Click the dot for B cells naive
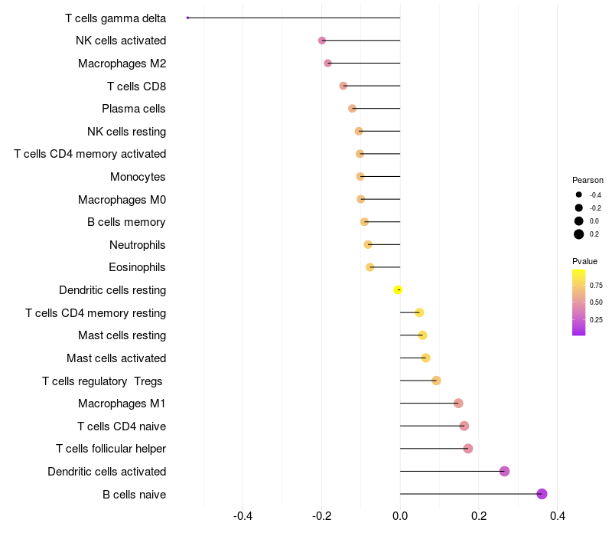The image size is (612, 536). [x=542, y=494]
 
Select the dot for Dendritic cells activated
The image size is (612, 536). [x=504, y=471]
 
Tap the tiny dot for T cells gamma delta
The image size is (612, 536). [x=187, y=18]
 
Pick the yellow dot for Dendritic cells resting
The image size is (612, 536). [x=398, y=289]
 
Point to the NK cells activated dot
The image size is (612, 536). [x=322, y=41]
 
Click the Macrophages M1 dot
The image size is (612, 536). [x=458, y=404]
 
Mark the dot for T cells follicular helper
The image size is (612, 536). [x=468, y=449]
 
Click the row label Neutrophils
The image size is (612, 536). [x=138, y=245]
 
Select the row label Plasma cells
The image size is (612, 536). [x=134, y=109]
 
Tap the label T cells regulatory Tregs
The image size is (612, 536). [x=104, y=381]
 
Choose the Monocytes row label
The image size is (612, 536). [x=138, y=177]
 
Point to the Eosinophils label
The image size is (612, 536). [x=137, y=267]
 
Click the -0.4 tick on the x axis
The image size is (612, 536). [x=243, y=516]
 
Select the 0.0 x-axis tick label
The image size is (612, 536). [x=400, y=516]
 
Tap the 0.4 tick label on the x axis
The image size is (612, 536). [x=557, y=516]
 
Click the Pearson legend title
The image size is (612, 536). [x=588, y=180]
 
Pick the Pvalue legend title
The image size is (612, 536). [x=585, y=261]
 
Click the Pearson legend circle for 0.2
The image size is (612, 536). [x=579, y=234]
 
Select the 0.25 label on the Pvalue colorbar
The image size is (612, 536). [x=596, y=320]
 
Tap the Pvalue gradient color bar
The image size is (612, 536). [x=579, y=302]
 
